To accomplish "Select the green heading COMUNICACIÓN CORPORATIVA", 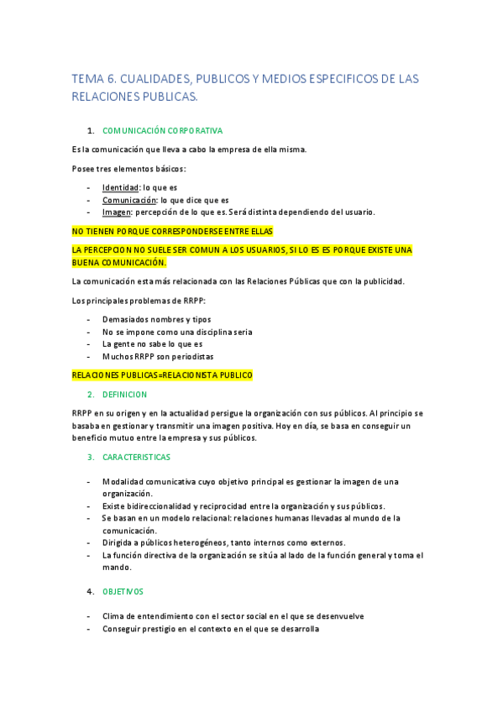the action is [162, 131].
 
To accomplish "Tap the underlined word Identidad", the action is [120, 187].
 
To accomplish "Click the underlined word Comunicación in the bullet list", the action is [129, 200].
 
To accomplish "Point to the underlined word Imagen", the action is [117, 212].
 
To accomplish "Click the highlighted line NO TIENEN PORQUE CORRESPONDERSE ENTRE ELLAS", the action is [172, 231].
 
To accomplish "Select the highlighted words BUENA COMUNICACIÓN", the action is [119, 262].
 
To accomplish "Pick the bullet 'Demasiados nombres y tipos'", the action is [156, 319].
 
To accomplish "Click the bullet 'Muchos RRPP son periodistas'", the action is [157, 356].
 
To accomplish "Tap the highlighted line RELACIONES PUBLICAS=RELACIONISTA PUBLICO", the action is [162, 375].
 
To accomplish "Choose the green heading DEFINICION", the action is [124, 394].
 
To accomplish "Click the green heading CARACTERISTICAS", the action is [136, 457].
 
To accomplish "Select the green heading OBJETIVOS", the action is [123, 591].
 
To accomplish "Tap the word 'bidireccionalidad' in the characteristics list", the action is [158, 505].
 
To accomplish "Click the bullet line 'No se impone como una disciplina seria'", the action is [177, 332].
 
